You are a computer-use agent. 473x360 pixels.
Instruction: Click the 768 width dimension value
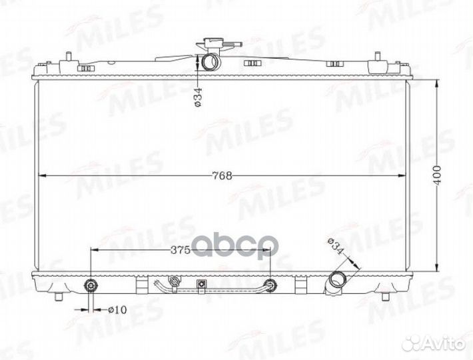223,175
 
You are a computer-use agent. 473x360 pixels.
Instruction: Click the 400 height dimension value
438,175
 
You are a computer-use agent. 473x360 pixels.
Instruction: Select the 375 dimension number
180,250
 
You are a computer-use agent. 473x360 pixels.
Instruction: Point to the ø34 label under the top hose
197,97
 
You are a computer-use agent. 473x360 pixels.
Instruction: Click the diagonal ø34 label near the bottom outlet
336,246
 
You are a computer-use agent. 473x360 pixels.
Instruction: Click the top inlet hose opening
211,62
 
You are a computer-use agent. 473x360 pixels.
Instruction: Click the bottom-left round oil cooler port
91,285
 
